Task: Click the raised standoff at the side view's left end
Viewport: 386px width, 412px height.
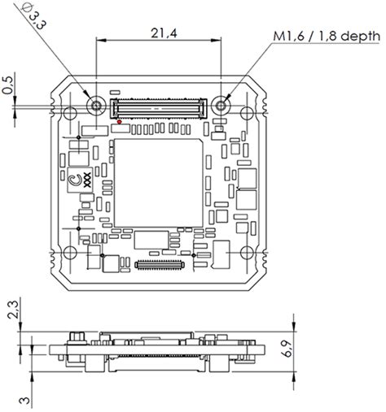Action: tap(76, 337)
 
